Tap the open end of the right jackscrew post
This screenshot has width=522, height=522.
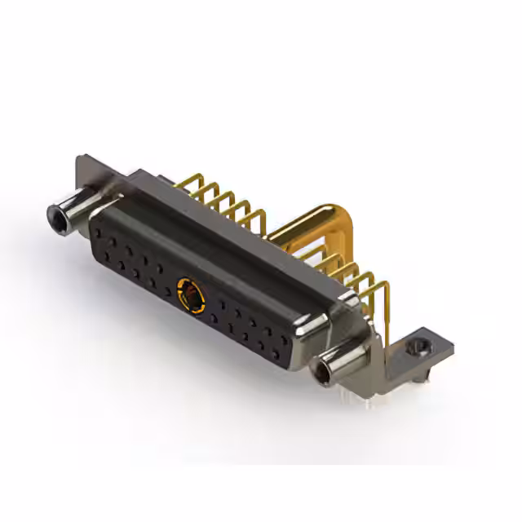coord(323,375)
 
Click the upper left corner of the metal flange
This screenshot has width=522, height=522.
coord(82,161)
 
